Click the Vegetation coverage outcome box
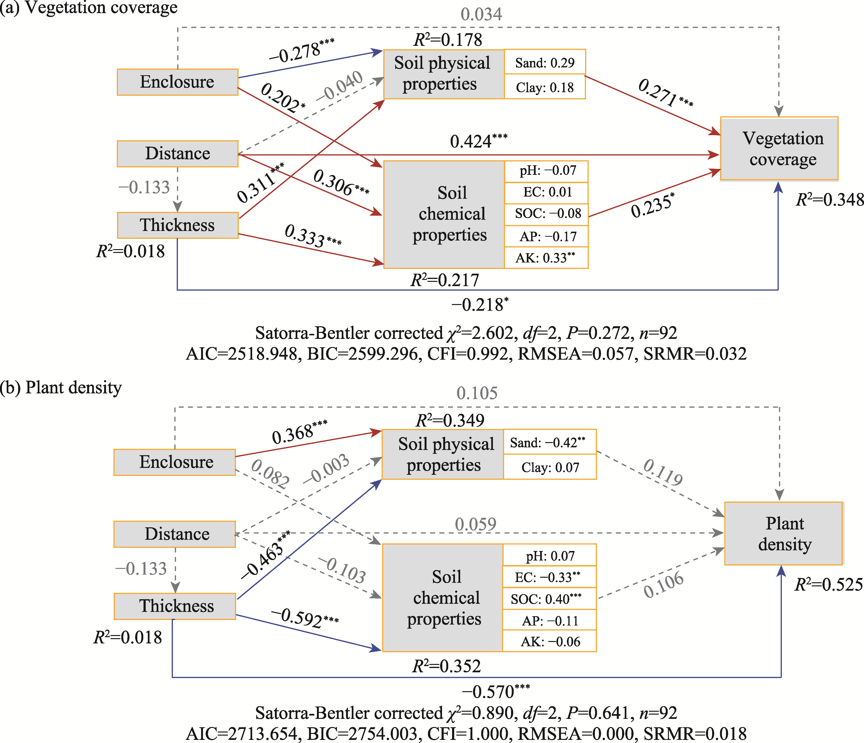point(779,149)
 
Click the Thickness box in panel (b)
point(175,606)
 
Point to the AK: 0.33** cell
point(546,258)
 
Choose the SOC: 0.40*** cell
point(549,599)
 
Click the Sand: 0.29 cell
point(544,63)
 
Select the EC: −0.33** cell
point(549,577)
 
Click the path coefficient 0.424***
point(478,141)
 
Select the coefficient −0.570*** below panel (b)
point(495,692)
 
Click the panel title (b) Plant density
point(61,388)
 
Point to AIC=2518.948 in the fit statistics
point(242,354)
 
